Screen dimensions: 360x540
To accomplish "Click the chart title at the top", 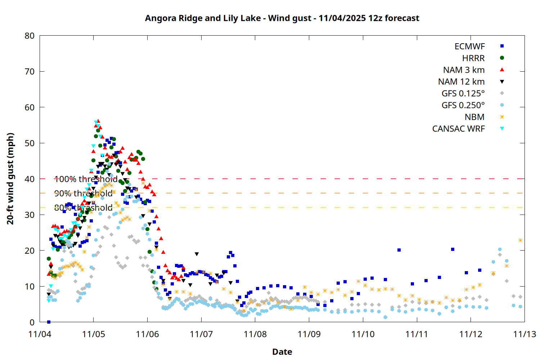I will point(282,18).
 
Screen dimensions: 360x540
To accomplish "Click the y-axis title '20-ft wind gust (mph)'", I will point(10,179).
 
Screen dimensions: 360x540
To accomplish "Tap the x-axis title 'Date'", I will point(282,352).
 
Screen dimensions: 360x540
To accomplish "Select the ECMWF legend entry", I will point(469,46).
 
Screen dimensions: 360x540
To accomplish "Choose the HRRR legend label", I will point(473,58).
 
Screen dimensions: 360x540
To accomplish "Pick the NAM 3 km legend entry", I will point(464,70).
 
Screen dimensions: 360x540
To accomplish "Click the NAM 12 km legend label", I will point(461,82).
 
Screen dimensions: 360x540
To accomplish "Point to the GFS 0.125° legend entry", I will point(463,94).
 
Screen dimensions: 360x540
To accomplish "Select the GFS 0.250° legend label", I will point(463,105).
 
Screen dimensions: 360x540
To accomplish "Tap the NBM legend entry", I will point(474,117).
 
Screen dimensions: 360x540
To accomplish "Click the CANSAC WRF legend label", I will point(458,129).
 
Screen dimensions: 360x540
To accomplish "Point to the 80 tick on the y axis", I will point(30,36).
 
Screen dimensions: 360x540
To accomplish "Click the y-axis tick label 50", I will point(30,143).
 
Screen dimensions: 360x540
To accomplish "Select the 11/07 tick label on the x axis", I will point(201,334).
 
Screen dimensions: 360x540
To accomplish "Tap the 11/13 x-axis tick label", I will point(525,334).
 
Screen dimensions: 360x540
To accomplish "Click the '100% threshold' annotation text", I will point(86,179).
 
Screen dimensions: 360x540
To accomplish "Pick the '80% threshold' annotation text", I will point(83,208).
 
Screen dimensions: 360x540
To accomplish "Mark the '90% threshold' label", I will point(83,193).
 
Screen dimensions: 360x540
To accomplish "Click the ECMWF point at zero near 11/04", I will point(49,322).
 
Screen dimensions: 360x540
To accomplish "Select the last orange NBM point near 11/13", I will point(520,240).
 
